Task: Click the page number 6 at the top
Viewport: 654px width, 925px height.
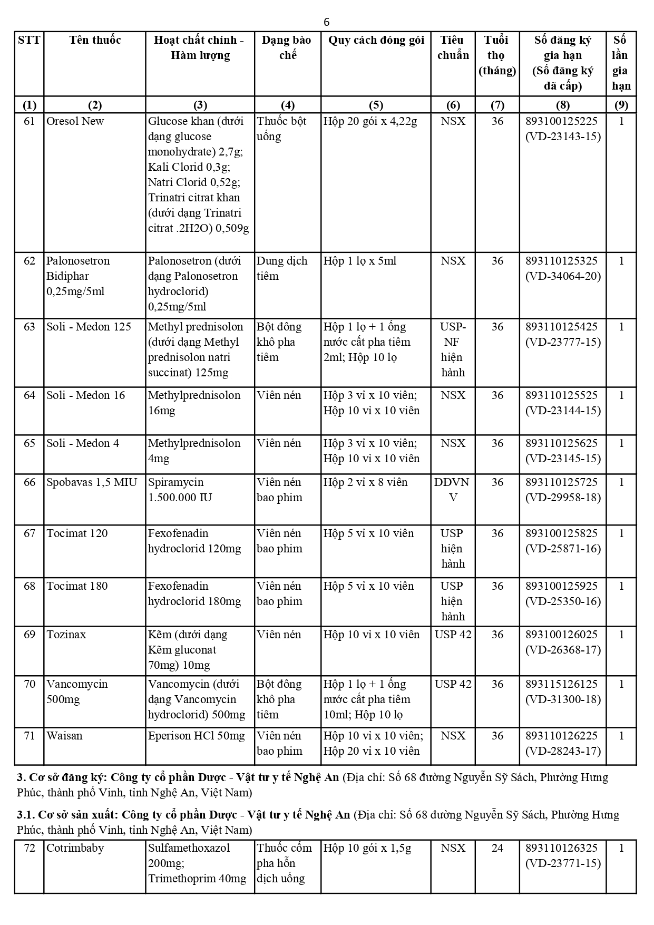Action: coord(327,22)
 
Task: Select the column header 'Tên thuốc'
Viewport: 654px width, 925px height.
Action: coord(95,41)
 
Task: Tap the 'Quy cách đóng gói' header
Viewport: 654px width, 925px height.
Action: coord(376,41)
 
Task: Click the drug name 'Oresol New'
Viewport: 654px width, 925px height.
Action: coord(75,121)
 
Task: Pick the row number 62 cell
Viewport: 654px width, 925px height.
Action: coord(30,261)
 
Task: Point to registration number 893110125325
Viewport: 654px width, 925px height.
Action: coord(562,261)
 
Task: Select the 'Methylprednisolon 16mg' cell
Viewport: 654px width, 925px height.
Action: coord(194,403)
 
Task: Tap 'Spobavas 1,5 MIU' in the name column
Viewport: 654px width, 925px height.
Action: coord(92,482)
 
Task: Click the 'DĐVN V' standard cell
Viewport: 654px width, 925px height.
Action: coord(452,490)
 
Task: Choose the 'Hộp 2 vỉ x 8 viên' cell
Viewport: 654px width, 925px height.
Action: coord(365,482)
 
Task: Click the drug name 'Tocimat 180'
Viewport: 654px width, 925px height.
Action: coord(77,586)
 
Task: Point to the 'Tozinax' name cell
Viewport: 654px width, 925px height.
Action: coord(66,635)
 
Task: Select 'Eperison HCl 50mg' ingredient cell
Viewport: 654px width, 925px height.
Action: coord(196,736)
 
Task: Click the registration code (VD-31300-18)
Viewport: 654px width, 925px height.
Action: coord(563,699)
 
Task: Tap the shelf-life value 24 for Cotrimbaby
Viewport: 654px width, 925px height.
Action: coord(497,848)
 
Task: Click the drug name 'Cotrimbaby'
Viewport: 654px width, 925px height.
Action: coord(75,848)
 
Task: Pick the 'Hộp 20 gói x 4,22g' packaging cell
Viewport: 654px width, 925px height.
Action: coord(370,121)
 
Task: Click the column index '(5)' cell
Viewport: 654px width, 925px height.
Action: coord(376,105)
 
